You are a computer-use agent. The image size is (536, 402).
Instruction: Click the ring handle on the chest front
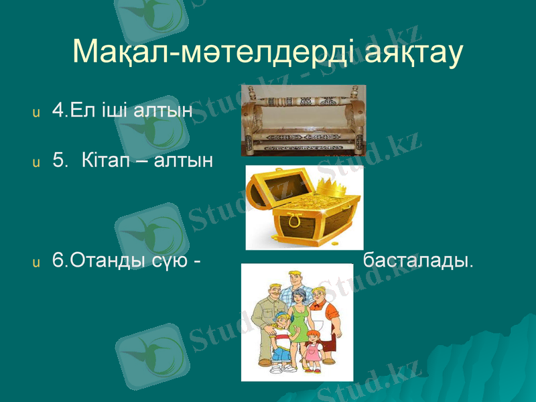[293, 219]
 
